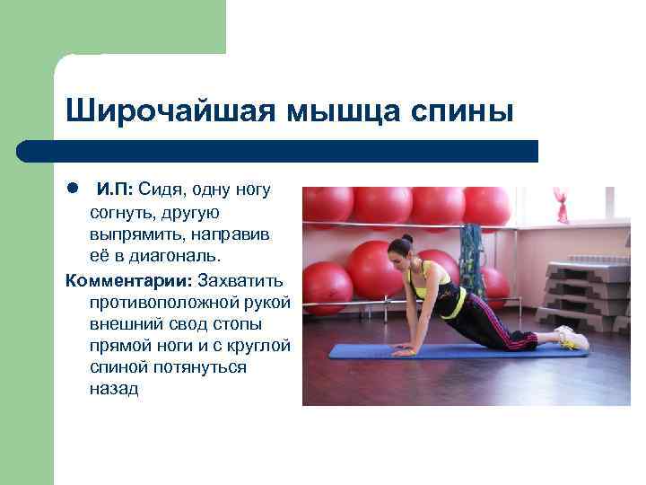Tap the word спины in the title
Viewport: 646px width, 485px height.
tap(459, 112)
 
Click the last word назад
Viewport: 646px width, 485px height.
tap(114, 390)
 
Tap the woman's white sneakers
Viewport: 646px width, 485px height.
tap(572, 338)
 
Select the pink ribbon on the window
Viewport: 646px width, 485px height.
tap(562, 204)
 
